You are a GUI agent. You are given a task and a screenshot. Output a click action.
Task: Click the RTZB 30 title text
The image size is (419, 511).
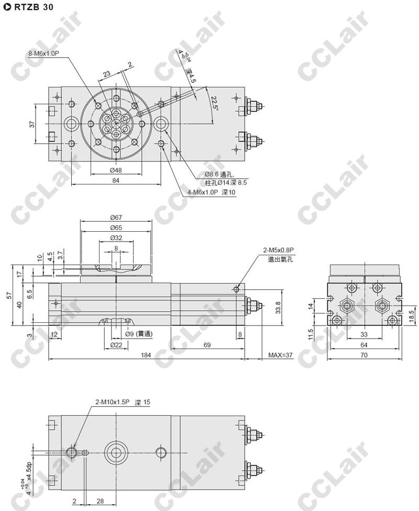(34, 7)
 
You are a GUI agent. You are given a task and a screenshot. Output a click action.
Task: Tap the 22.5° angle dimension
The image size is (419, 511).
(214, 102)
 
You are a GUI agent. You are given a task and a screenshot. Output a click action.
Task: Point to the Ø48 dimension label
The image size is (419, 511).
(116, 170)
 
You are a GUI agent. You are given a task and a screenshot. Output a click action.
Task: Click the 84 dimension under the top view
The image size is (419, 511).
(116, 180)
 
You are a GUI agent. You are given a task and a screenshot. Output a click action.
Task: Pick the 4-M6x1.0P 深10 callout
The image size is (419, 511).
(212, 192)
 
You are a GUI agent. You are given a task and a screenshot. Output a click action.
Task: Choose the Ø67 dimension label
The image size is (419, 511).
(116, 218)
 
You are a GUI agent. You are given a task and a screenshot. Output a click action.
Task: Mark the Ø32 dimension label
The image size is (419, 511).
(116, 237)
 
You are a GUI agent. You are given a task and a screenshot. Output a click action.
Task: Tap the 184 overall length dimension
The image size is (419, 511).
(146, 355)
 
